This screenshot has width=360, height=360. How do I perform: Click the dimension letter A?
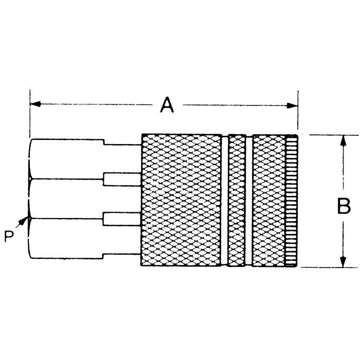(x=166, y=105)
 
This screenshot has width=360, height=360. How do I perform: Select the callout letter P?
(x=9, y=237)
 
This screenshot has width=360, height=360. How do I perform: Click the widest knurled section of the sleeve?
(x=181, y=201)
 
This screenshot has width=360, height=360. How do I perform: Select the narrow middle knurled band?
(x=237, y=201)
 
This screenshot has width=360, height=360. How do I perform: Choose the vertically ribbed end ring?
(x=292, y=201)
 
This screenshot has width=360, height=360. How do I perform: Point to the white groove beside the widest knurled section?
(x=225, y=201)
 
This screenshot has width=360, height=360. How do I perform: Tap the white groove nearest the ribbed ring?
(x=249, y=201)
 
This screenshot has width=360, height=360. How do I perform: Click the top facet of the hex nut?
(x=67, y=158)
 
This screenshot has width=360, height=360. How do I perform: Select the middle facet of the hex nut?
(x=67, y=199)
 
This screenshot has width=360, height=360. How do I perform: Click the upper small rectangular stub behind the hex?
(x=122, y=179)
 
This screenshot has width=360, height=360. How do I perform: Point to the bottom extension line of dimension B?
(x=329, y=267)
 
